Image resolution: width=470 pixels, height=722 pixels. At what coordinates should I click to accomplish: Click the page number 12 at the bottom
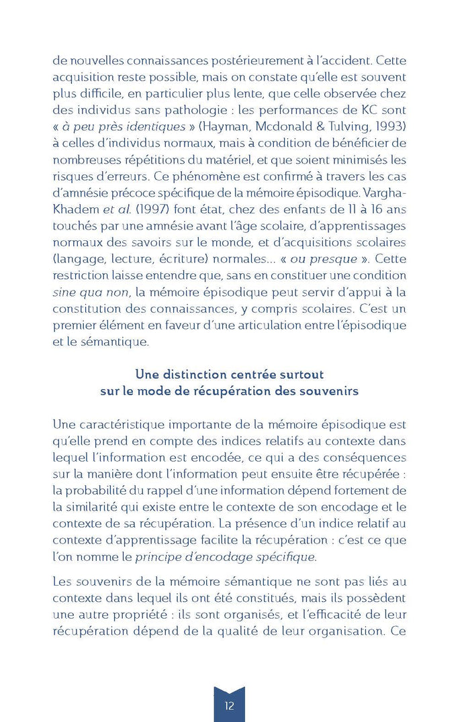pyautogui.click(x=230, y=705)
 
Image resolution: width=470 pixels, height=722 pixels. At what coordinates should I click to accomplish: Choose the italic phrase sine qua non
pyautogui.click(x=81, y=292)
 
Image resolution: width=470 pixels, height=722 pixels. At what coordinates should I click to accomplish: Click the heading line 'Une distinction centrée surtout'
pyautogui.click(x=229, y=374)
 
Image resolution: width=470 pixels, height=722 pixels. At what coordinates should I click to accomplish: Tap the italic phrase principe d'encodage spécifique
pyautogui.click(x=225, y=556)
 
